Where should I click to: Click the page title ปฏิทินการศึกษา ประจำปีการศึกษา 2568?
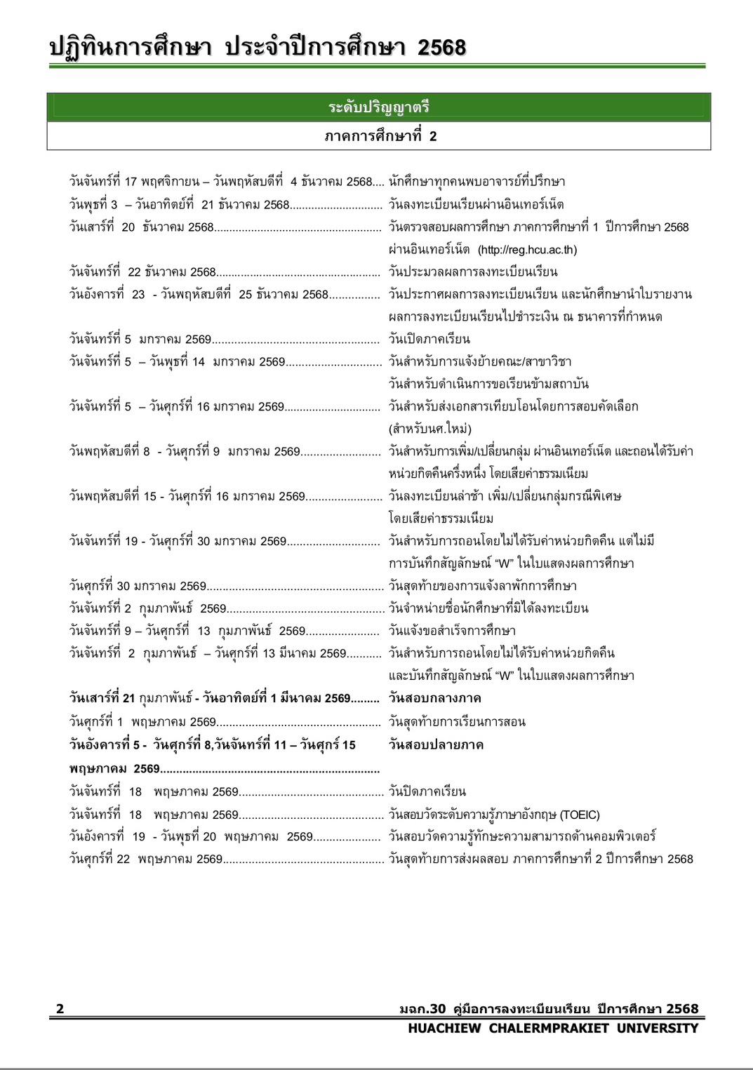click(257, 48)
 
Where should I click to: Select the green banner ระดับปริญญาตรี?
click(378, 107)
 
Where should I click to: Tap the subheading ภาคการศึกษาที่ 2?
click(380, 136)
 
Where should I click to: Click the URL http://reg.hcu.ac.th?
click(527, 250)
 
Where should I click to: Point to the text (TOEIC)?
click(580, 815)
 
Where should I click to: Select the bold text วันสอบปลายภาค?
click(436, 744)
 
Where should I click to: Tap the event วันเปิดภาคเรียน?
click(429, 339)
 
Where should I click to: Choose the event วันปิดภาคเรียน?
click(427, 791)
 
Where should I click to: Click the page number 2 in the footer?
click(60, 1009)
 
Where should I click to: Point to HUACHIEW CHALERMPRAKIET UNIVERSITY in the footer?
click(553, 1028)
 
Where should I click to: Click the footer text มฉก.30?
click(422, 1009)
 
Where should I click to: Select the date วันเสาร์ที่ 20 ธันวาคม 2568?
click(141, 227)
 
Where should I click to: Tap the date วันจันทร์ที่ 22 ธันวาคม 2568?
click(142, 272)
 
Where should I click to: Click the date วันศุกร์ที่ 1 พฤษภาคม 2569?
click(142, 722)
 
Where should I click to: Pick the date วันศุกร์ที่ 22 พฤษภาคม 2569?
click(145, 859)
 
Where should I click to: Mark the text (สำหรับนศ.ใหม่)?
click(429, 429)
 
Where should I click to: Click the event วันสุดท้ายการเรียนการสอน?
click(457, 722)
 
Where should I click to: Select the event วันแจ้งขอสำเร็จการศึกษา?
click(452, 631)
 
